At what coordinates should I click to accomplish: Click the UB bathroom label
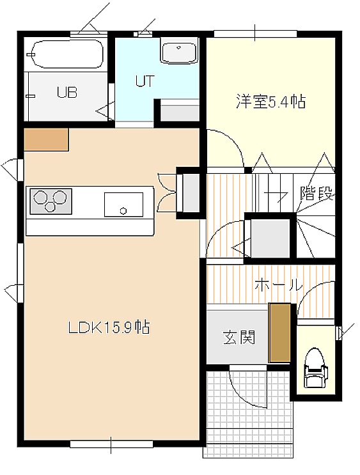tap(67, 92)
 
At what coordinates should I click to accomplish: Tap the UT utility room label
tap(145, 81)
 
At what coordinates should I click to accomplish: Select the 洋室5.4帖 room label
tap(271, 102)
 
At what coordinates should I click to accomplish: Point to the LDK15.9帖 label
tap(109, 327)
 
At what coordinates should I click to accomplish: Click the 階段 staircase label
tap(317, 193)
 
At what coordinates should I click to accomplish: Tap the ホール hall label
tap(279, 285)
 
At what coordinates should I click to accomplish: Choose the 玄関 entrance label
tap(239, 338)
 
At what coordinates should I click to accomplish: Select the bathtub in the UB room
tap(68, 54)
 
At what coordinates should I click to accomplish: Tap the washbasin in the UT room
tap(180, 51)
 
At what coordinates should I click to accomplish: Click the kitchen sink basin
tap(123, 205)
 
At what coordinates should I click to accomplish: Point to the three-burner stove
tap(51, 201)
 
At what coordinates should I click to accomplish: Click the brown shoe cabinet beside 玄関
tap(279, 333)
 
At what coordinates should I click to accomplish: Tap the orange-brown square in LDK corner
tap(46, 139)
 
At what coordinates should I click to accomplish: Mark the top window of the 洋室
tap(256, 33)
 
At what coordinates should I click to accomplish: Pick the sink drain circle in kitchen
tap(123, 210)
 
